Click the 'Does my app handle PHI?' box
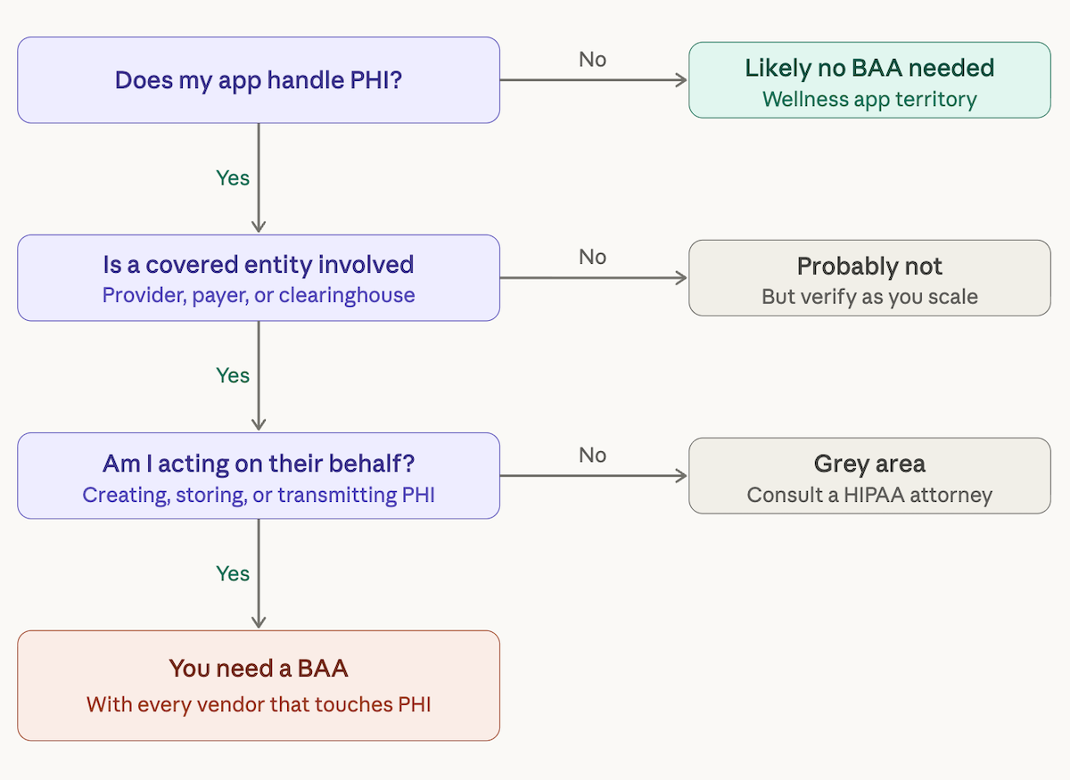(x=259, y=80)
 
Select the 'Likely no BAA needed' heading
(x=869, y=68)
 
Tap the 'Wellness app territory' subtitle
(x=869, y=99)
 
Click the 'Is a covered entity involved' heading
(x=259, y=265)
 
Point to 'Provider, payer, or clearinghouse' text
(x=259, y=295)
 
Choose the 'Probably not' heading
(x=869, y=267)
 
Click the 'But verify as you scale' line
(x=869, y=297)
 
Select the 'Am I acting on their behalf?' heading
(x=259, y=464)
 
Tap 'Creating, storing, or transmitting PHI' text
(x=259, y=494)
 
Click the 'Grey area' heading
(x=869, y=464)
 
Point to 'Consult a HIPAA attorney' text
(x=869, y=495)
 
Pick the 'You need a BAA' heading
(x=259, y=668)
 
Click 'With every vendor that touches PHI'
(x=259, y=704)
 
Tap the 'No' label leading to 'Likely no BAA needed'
(x=592, y=60)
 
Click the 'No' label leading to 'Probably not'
(x=592, y=258)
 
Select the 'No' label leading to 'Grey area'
(x=592, y=456)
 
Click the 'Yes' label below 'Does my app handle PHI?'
(x=233, y=178)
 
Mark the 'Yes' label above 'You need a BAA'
(x=233, y=573)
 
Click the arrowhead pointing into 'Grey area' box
(x=682, y=476)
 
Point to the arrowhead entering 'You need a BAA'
(x=259, y=623)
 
